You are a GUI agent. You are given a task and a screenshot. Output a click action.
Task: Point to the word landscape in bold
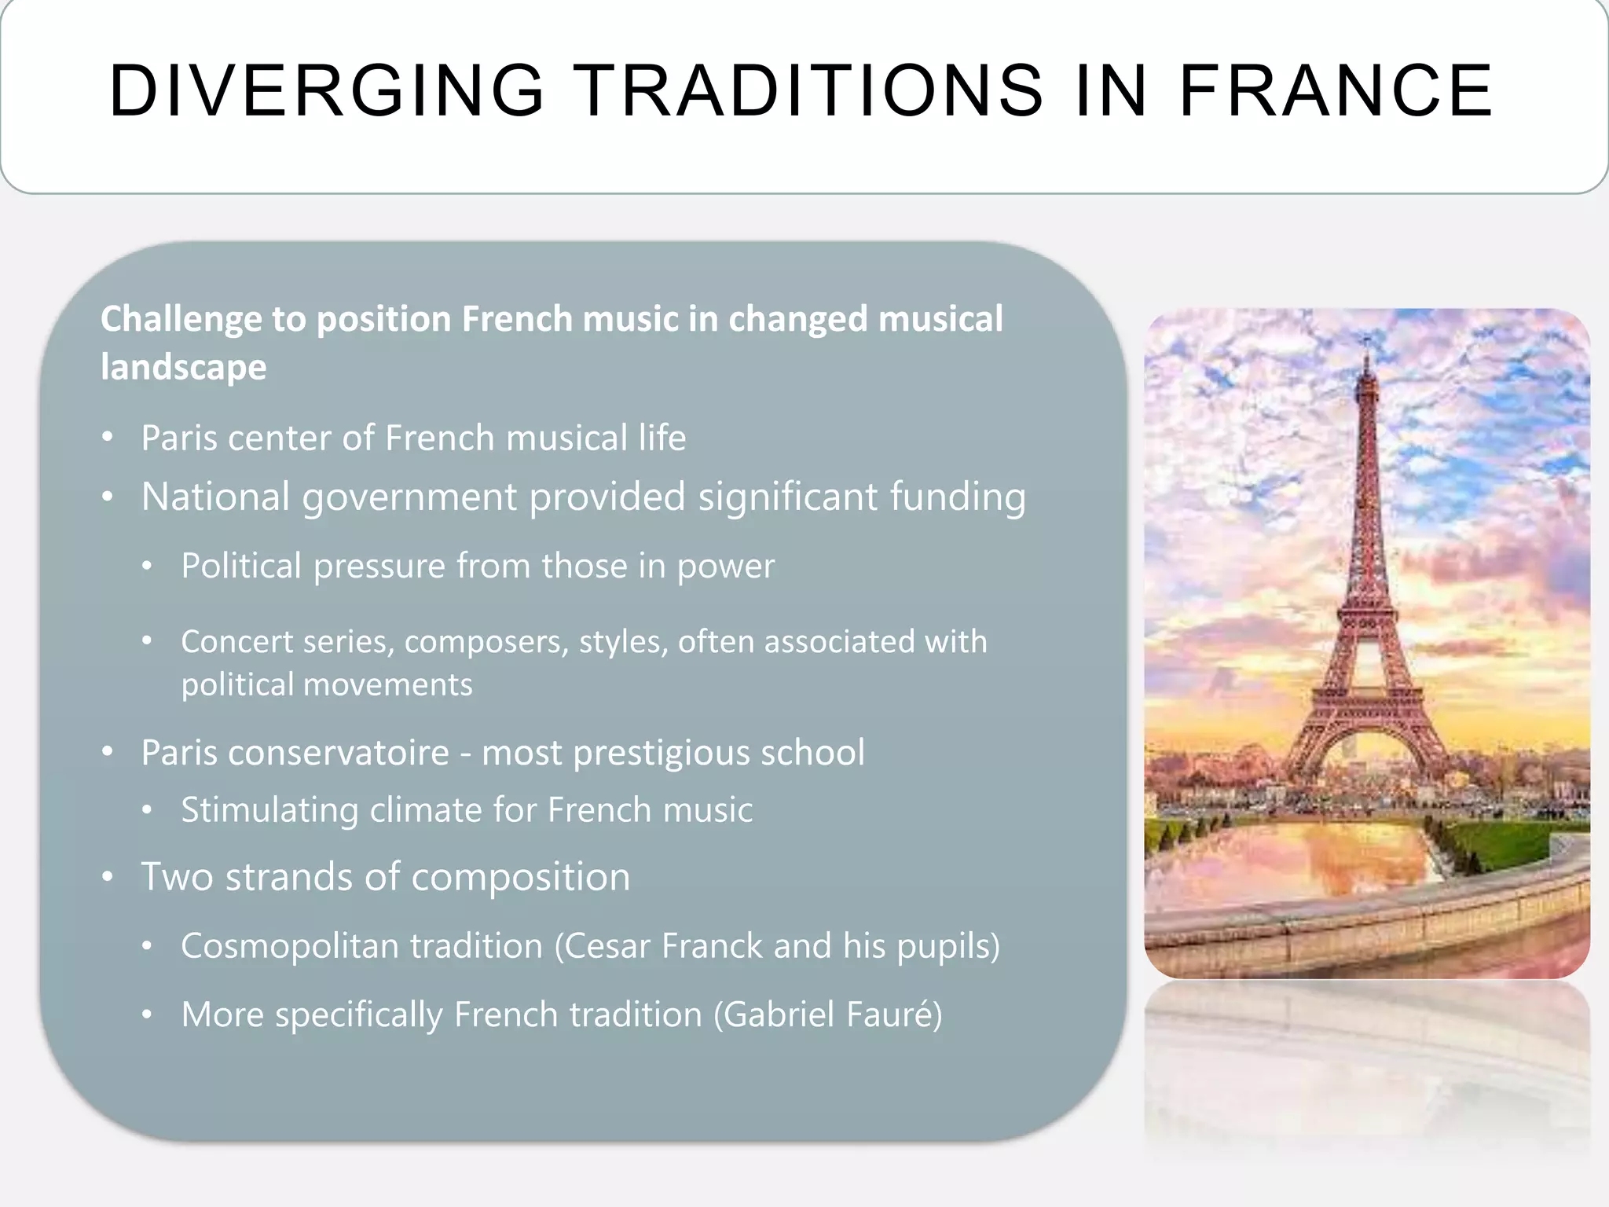tap(184, 367)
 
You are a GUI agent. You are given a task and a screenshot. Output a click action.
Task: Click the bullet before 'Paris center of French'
tap(108, 437)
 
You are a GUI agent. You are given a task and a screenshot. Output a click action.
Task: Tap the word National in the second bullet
tap(215, 497)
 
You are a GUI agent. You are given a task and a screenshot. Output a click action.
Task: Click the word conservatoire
tap(339, 753)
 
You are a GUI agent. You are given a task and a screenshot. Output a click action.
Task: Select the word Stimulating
tap(269, 810)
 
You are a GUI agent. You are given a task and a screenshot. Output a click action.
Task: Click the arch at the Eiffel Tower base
tap(1367, 754)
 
